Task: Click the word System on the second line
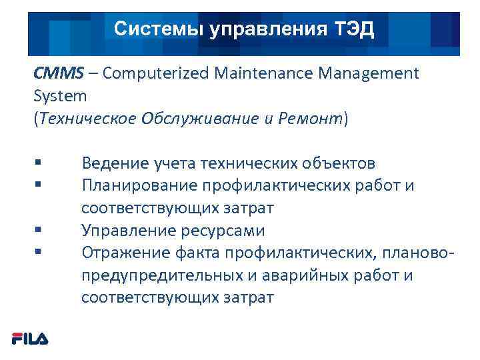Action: click(x=60, y=96)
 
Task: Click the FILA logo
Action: click(x=30, y=339)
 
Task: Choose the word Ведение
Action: click(x=113, y=163)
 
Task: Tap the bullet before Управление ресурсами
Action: click(x=36, y=231)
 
